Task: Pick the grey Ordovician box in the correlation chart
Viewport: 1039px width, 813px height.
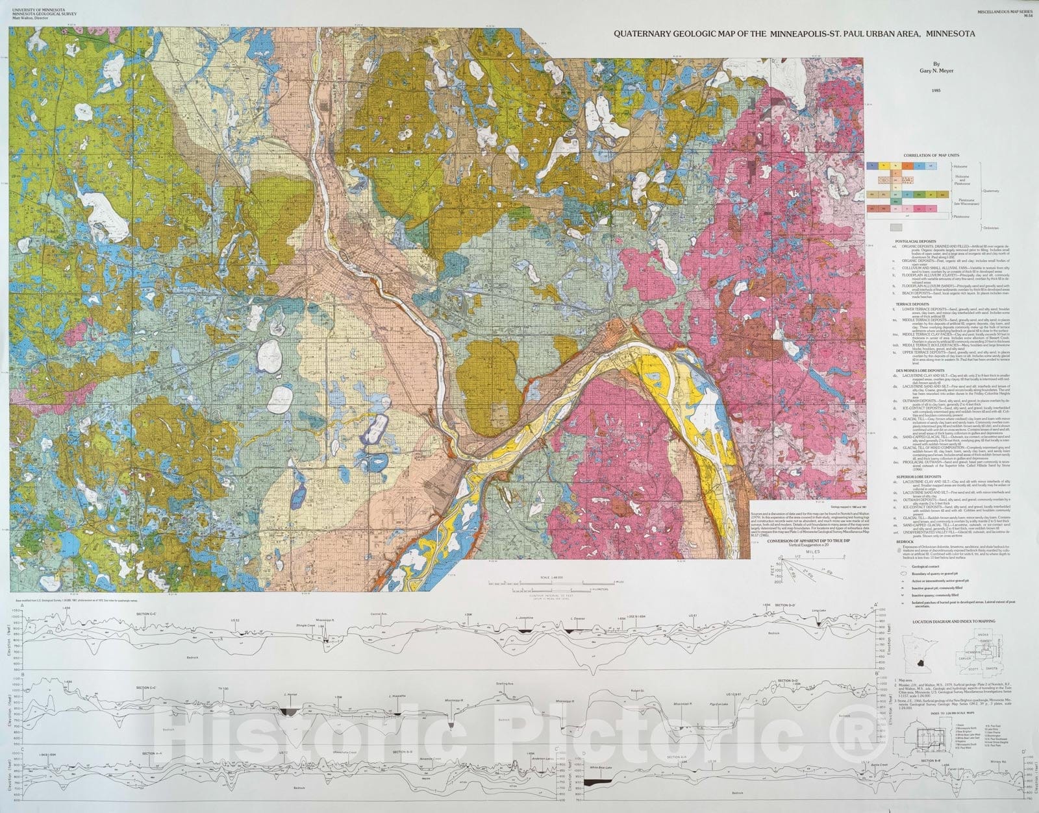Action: tap(897, 228)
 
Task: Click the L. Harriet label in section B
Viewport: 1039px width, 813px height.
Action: tap(290, 695)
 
